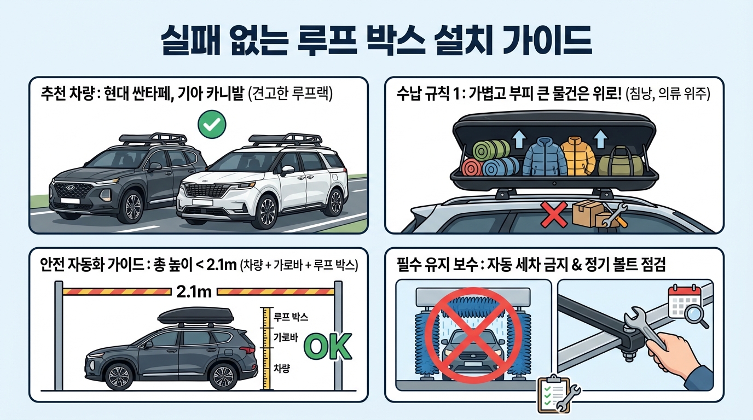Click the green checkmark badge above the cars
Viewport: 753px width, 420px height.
tap(212, 124)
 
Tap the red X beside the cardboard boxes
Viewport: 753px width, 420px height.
tap(554, 215)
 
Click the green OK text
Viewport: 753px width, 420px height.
tap(328, 346)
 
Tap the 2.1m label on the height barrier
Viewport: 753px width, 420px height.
tap(194, 292)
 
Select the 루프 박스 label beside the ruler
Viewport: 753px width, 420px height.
tap(291, 317)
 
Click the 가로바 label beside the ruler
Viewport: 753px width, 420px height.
tap(286, 337)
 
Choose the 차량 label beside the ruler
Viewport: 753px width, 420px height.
tap(282, 369)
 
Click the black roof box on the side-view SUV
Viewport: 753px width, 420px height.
tap(195, 317)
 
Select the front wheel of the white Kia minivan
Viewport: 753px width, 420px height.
tap(267, 212)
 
